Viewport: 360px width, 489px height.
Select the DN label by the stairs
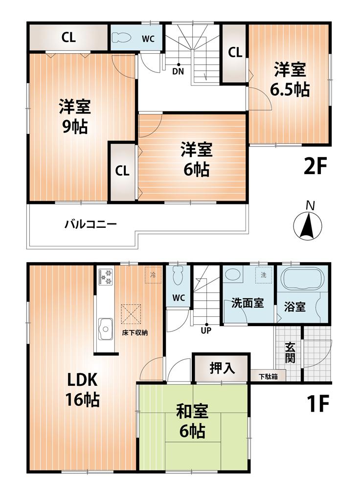[179, 70]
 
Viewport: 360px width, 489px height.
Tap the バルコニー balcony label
[90, 225]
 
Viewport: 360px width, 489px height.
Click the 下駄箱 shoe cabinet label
[269, 377]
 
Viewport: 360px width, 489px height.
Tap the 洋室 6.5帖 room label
[290, 80]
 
